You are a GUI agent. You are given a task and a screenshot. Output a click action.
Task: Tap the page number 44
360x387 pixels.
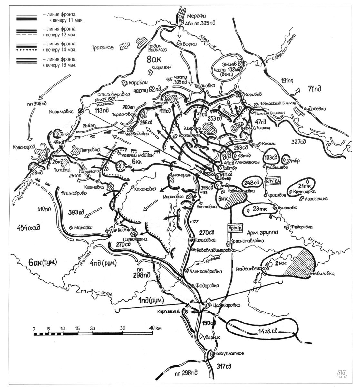tap(342, 374)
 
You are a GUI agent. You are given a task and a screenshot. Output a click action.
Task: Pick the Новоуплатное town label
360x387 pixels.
tap(229, 353)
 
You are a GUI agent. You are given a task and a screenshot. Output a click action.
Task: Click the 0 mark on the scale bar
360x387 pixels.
tap(34, 328)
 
